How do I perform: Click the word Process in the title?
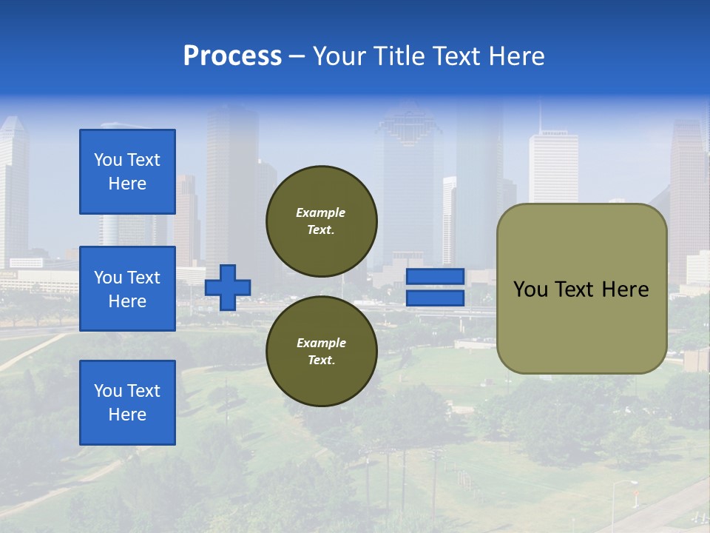tap(232, 56)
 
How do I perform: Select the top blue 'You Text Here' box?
tap(127, 172)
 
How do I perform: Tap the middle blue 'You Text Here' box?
tap(127, 289)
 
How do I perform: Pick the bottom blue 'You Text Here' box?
tap(127, 403)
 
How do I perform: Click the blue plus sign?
tap(228, 287)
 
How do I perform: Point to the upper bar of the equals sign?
tap(436, 277)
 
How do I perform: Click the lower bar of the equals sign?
tap(436, 298)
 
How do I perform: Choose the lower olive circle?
tap(322, 351)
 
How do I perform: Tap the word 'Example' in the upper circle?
tap(320, 212)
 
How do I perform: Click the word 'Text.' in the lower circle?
tap(320, 361)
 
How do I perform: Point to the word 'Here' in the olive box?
tap(625, 289)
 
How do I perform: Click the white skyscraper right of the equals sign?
tap(553, 167)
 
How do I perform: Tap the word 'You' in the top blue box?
tap(108, 160)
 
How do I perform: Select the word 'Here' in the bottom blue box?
tap(127, 415)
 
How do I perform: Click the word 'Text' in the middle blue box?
tap(143, 278)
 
